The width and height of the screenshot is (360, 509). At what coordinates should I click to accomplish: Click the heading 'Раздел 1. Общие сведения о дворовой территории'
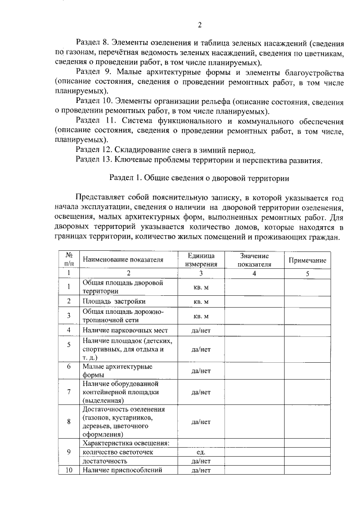pos(199,178)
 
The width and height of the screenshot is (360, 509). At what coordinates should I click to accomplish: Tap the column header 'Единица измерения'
pos(201,260)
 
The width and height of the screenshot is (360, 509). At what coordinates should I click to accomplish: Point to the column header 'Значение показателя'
pos(254,260)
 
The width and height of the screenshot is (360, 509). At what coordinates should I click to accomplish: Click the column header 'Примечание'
pos(308,260)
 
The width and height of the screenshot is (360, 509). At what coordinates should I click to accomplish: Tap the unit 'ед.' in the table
pos(201,452)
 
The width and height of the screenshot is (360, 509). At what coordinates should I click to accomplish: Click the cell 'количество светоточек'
pos(117,452)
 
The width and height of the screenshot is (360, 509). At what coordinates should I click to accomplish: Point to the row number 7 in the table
pos(69,391)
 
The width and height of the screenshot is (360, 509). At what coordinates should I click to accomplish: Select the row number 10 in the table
pos(69,470)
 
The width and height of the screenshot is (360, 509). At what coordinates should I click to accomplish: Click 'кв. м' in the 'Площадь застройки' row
pos(201,301)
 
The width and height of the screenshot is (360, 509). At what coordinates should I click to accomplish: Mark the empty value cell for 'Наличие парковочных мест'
pos(254,330)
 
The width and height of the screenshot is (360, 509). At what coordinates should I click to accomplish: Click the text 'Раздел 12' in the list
pos(93,150)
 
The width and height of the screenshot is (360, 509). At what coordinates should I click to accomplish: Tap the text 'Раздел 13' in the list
pos(93,160)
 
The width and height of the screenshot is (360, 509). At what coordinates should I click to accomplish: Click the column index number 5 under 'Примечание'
pos(308,273)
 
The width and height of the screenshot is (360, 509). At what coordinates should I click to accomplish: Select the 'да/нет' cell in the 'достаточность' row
pos(201,461)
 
